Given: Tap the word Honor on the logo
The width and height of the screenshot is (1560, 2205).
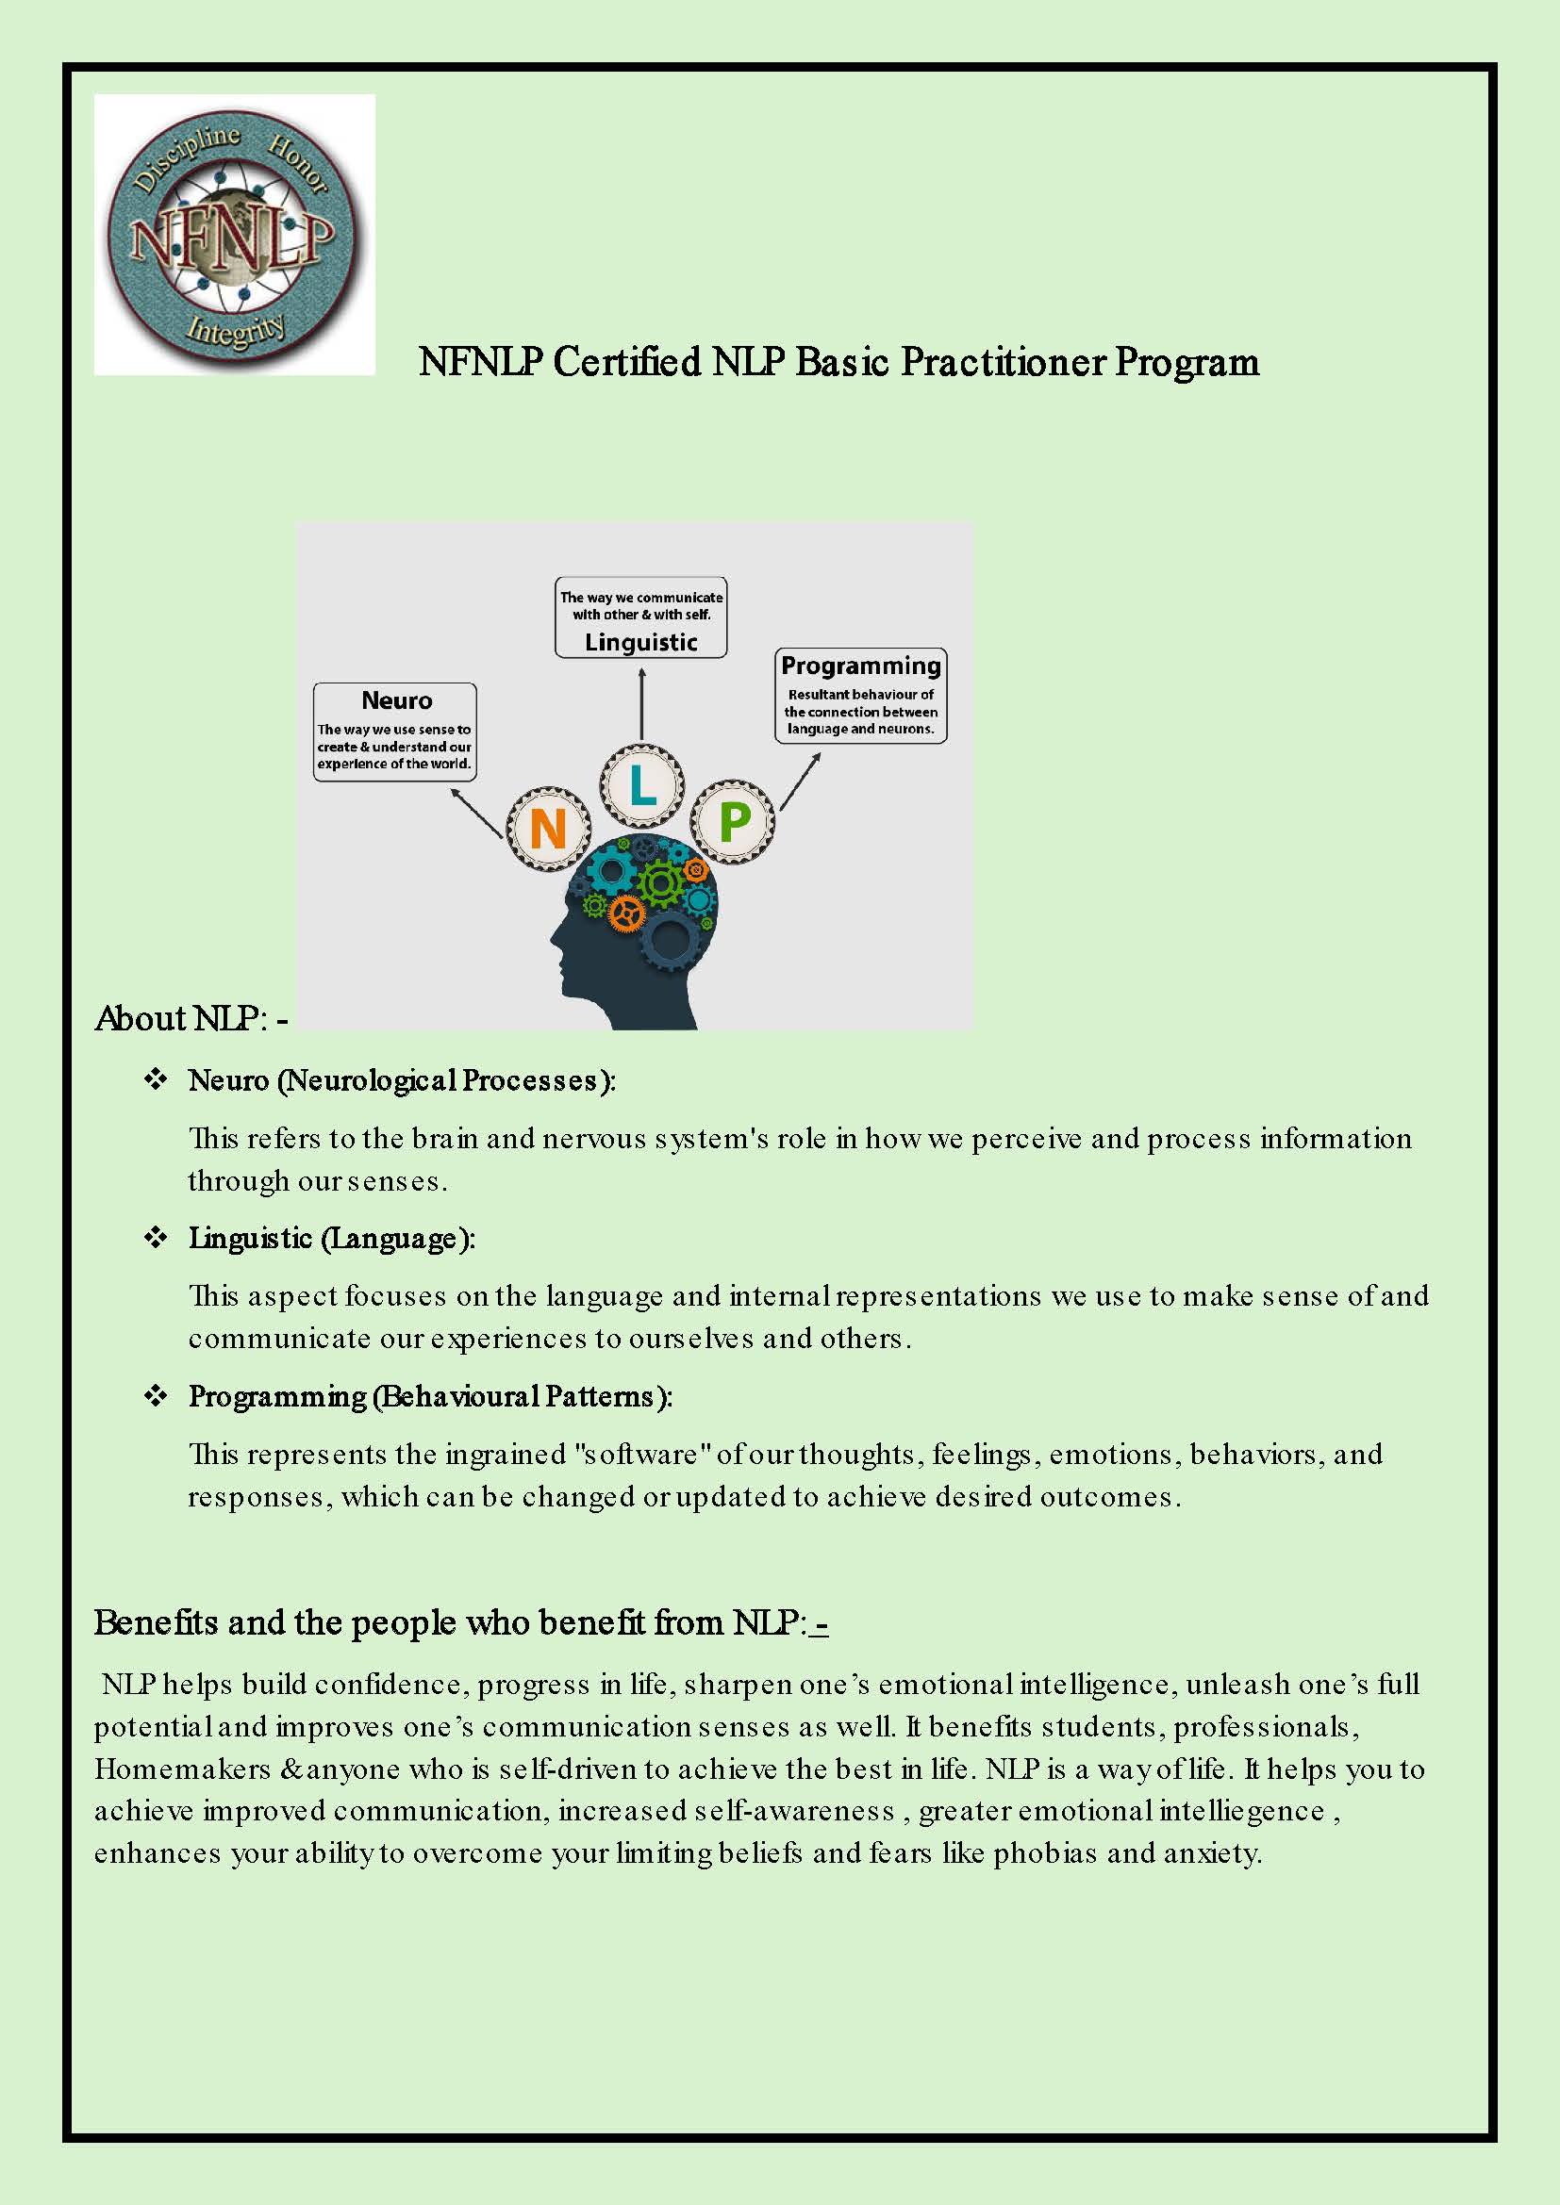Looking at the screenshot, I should [x=299, y=163].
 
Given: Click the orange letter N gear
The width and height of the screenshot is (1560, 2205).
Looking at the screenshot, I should [x=549, y=828].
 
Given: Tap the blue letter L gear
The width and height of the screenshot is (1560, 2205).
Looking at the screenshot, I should [x=642, y=785].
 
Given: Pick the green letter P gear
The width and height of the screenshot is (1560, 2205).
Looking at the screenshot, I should [x=734, y=821].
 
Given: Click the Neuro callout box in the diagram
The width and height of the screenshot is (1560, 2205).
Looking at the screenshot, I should [x=395, y=732].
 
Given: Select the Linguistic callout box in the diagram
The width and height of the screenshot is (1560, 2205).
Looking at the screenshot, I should [x=640, y=617].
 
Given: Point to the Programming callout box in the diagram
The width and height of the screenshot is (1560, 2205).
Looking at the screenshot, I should [x=861, y=697].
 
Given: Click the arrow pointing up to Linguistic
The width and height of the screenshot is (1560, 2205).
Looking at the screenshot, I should [x=641, y=703].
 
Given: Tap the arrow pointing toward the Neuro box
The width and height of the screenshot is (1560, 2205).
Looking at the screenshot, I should [x=476, y=813].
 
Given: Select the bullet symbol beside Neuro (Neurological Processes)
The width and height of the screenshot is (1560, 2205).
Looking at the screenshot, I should [x=156, y=1079].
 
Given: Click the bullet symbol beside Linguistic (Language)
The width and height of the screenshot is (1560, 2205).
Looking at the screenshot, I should [x=156, y=1237].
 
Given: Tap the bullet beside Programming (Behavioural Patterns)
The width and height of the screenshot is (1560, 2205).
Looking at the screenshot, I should [x=156, y=1395].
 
